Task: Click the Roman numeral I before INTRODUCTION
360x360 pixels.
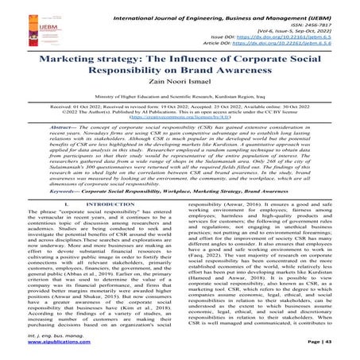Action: click(60, 204)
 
